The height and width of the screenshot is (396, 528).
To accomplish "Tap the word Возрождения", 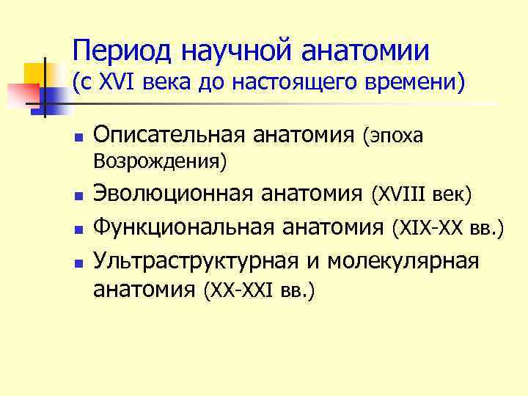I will click(x=157, y=159).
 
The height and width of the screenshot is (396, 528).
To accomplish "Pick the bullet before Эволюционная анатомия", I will click(x=76, y=197).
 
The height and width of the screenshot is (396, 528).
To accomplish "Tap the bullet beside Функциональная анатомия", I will click(x=76, y=230).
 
